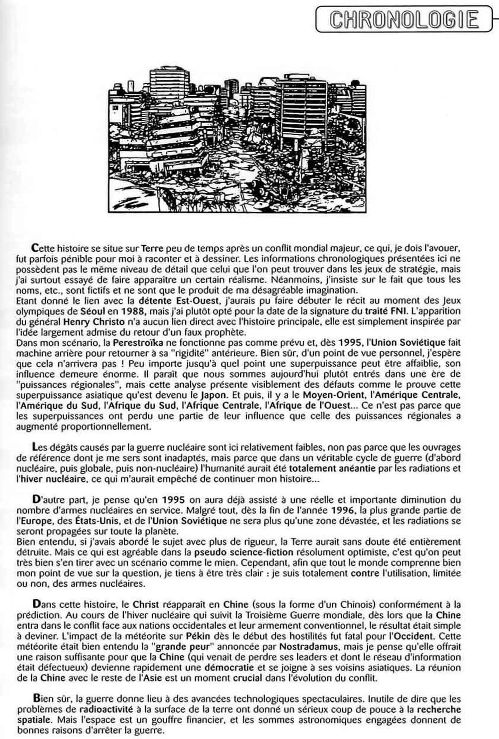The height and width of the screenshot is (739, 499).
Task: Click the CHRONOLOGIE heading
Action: click(x=404, y=20)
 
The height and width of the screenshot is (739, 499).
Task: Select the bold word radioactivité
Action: click(x=106, y=709)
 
